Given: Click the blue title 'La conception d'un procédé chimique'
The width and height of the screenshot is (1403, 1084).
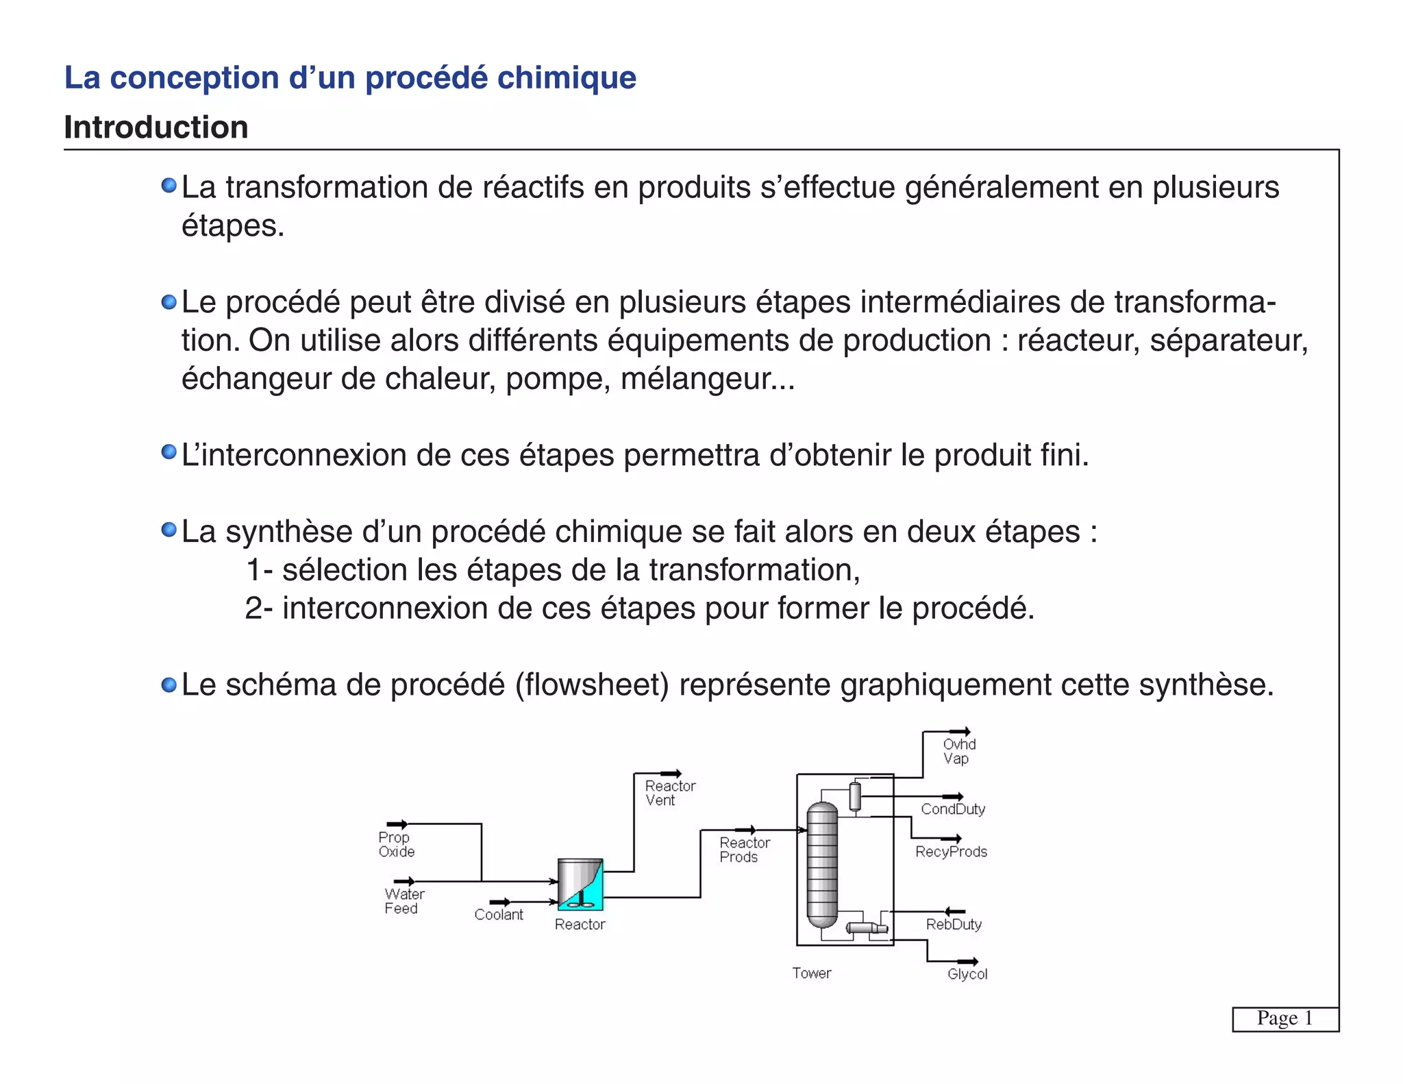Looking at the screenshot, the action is (350, 77).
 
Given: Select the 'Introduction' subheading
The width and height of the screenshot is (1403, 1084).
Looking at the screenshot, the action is (156, 127).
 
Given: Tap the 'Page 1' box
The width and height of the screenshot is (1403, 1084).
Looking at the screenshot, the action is (1284, 1018).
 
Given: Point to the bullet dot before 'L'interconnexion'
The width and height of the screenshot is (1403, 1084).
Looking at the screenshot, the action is (169, 452).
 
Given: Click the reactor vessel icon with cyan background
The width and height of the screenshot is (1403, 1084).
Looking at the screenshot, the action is (580, 884).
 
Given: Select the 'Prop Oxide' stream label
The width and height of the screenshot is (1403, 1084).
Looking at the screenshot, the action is (396, 844).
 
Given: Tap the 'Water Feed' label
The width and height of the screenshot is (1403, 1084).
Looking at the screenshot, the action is (403, 901).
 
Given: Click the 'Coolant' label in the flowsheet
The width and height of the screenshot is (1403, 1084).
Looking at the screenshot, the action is (498, 915).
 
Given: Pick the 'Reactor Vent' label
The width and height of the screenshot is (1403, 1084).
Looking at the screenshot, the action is (669, 793).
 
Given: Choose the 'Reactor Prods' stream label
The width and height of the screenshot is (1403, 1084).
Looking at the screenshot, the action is (744, 850).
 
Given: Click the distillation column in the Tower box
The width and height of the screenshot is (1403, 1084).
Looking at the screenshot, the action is (822, 865).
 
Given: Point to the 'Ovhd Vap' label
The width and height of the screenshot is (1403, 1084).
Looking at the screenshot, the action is (958, 751).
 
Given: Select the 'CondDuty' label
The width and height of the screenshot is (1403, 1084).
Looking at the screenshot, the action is (952, 809).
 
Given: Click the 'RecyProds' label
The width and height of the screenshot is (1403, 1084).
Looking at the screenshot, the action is (951, 852).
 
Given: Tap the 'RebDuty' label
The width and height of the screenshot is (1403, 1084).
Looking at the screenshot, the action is (954, 924).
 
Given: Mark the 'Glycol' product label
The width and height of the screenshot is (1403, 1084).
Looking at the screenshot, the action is (967, 974).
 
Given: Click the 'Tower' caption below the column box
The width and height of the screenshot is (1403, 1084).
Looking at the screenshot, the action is (811, 973).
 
